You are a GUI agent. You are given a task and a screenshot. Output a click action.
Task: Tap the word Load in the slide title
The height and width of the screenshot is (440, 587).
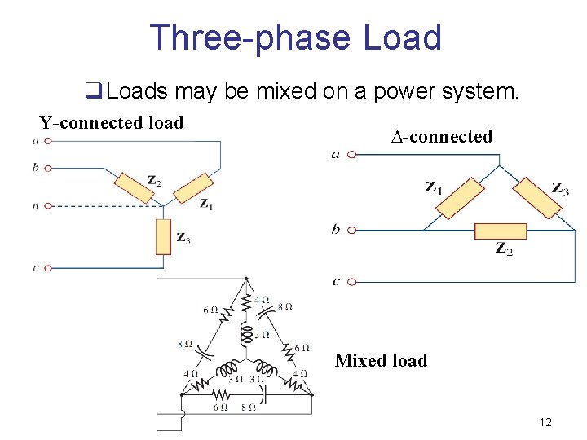point(401,37)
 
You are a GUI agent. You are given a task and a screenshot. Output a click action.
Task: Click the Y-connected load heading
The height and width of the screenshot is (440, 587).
point(112,123)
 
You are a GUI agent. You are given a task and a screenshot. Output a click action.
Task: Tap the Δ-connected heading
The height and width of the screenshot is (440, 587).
point(442,136)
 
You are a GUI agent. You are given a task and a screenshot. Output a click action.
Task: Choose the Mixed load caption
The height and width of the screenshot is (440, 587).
point(381,360)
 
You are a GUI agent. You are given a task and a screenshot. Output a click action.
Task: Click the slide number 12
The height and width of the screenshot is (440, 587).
point(545,422)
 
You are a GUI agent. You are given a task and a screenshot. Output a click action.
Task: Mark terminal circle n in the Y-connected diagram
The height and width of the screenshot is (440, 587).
point(48,206)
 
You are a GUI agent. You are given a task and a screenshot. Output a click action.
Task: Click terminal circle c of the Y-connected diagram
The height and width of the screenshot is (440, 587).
point(48,267)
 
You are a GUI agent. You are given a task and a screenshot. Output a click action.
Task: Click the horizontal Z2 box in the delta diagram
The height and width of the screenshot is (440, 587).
point(501,231)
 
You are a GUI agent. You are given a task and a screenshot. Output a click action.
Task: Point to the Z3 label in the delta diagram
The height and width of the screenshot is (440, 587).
point(560,188)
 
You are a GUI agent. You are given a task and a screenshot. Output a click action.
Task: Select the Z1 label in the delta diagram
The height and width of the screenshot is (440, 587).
point(434,187)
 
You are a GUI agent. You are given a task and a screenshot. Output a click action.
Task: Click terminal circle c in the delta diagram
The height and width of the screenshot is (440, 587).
point(351,282)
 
